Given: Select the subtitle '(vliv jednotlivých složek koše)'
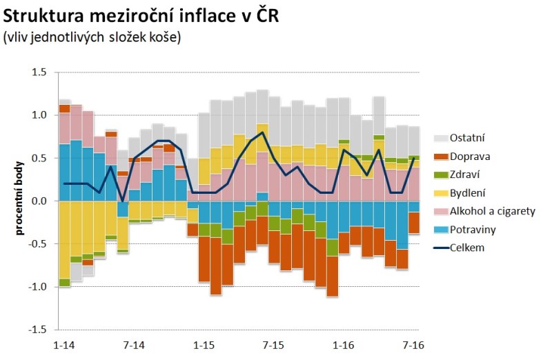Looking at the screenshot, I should tap(92, 37).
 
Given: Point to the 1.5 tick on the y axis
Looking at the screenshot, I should tap(39, 72).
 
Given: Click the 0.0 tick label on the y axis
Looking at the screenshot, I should tap(39, 201).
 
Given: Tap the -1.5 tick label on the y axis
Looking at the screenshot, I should tap(37, 330).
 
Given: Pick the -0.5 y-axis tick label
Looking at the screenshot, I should tap(37, 244).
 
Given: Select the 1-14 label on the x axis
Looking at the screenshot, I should tap(63, 343).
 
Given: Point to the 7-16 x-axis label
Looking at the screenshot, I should tap(413, 343).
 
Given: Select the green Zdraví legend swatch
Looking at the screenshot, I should tap(442, 174).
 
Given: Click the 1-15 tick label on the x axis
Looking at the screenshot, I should tap(204, 343).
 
